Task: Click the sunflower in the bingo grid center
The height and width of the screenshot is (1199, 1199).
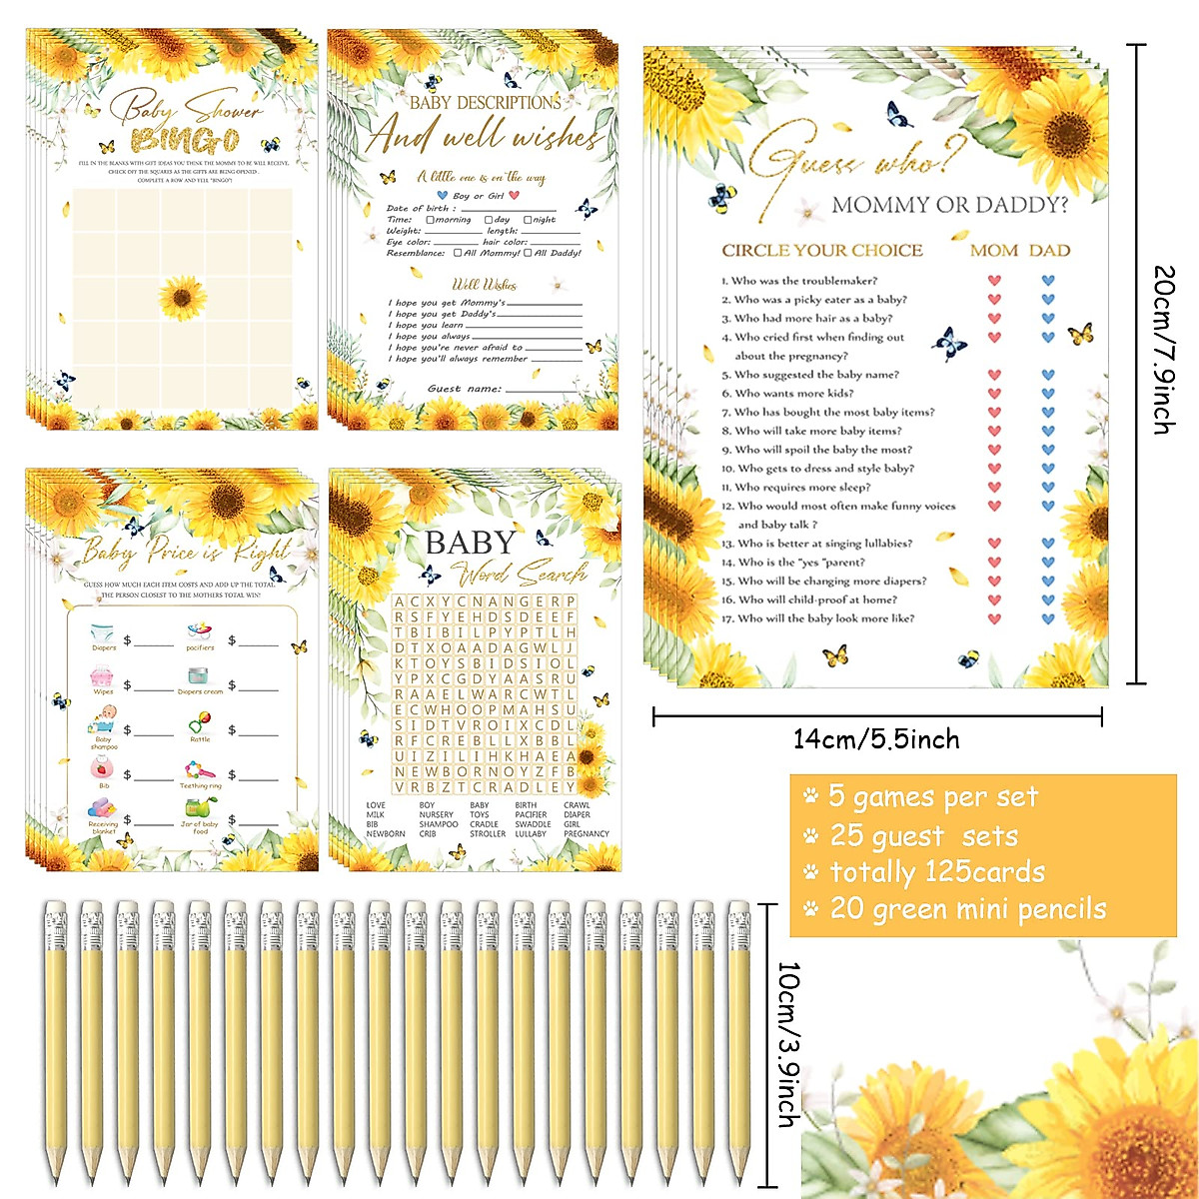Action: click(183, 298)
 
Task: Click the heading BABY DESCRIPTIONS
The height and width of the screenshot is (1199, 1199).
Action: click(486, 103)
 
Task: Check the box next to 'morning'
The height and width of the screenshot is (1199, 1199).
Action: click(430, 220)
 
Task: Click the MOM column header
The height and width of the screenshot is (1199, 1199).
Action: click(994, 251)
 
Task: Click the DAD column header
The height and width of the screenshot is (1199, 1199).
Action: click(1049, 251)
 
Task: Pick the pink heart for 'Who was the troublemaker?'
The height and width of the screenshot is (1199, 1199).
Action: click(994, 281)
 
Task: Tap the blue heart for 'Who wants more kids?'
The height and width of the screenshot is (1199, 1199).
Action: click(1048, 394)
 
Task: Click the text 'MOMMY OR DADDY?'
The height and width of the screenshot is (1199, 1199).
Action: click(949, 206)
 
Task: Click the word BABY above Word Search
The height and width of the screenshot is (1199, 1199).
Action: click(471, 543)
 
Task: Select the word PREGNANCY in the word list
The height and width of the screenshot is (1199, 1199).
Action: click(587, 833)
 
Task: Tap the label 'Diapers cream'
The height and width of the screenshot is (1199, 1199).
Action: click(200, 691)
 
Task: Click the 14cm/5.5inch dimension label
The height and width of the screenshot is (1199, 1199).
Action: click(876, 739)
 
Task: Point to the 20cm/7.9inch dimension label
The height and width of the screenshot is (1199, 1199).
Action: click(1163, 350)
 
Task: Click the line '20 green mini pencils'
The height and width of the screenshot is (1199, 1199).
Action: click(967, 909)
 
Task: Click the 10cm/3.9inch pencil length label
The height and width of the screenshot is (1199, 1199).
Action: click(788, 1044)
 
